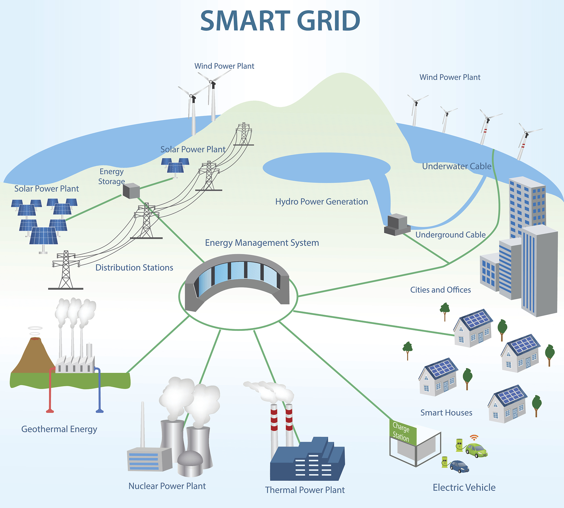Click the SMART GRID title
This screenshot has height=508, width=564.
coord(280,21)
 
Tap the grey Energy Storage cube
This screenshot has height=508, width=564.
coord(131,191)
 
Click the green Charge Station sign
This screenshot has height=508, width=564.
coord(403,432)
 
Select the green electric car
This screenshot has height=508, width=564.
coord(476,450)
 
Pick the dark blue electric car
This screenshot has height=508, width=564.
coord(459,466)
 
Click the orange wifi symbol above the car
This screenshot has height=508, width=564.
coord(474,437)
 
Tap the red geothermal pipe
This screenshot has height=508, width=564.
coord(50,391)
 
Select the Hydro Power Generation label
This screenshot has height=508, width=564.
coord(322,201)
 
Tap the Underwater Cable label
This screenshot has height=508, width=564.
coord(457,166)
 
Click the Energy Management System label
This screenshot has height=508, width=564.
coord(262,243)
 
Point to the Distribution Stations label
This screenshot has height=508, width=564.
coord(134,268)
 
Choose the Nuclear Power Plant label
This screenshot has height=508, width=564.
coord(167,486)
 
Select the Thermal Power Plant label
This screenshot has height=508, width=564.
coord(305,490)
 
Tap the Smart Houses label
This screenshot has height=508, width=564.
coord(446,413)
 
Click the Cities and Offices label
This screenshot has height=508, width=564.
coord(440,290)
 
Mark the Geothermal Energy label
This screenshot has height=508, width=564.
coord(59,429)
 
